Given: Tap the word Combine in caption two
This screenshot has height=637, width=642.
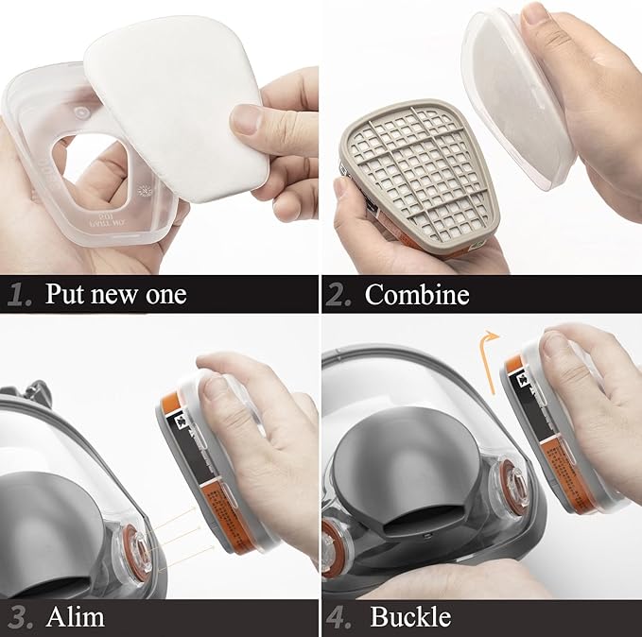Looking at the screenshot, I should point(417,294).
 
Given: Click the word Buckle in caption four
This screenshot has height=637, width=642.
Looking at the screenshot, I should point(410,618).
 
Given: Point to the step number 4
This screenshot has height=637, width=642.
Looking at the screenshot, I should point(338,618).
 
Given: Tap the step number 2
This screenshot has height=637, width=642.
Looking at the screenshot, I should point(338,294).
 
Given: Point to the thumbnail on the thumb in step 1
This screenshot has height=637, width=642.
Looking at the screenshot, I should point(248,120).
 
